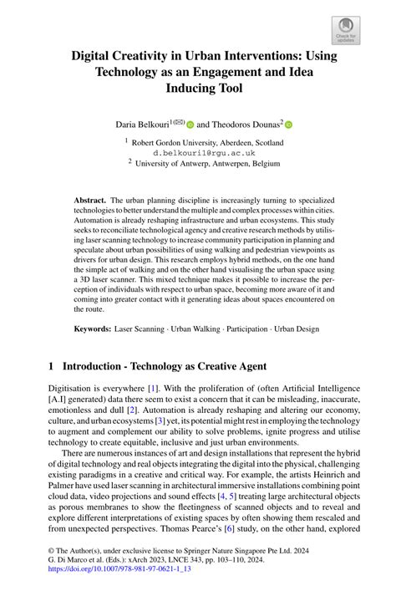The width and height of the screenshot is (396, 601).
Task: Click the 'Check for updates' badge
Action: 345,31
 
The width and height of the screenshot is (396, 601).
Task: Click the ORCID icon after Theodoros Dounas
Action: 289,124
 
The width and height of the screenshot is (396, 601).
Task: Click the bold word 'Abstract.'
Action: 90,201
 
